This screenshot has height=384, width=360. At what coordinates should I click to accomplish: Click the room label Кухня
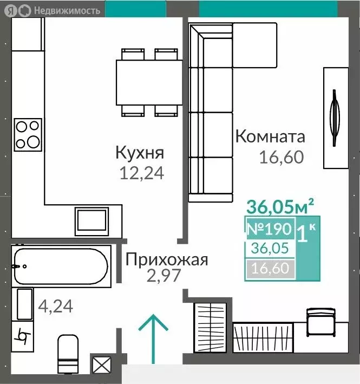pos(139,153)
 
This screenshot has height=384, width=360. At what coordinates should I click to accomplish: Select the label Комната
pos(270,136)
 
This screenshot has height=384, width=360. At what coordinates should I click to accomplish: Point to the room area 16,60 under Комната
pos(281,157)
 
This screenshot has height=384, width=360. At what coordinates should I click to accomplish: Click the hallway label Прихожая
pos(167,260)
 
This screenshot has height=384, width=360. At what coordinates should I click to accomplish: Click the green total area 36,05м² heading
pos(280,206)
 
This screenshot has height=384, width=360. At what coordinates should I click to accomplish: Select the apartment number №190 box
pos(270,229)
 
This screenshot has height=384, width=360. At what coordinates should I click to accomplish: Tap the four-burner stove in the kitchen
pos(28,134)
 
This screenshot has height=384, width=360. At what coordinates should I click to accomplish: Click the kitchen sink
pos(91,221)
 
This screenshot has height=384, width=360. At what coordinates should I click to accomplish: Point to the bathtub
pos(60,265)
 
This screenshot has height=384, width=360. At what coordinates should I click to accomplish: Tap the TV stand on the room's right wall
pos(335,117)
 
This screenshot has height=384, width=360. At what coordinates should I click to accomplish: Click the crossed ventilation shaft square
pos(101,364)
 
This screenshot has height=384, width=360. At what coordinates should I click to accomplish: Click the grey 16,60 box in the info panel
pos(270,268)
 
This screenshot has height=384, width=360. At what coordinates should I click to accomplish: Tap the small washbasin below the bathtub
pos(24,304)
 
